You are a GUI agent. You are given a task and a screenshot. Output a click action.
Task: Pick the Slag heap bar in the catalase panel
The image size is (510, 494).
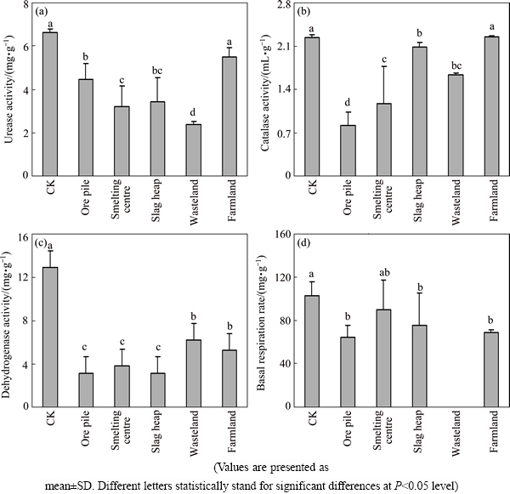click(418, 111)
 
